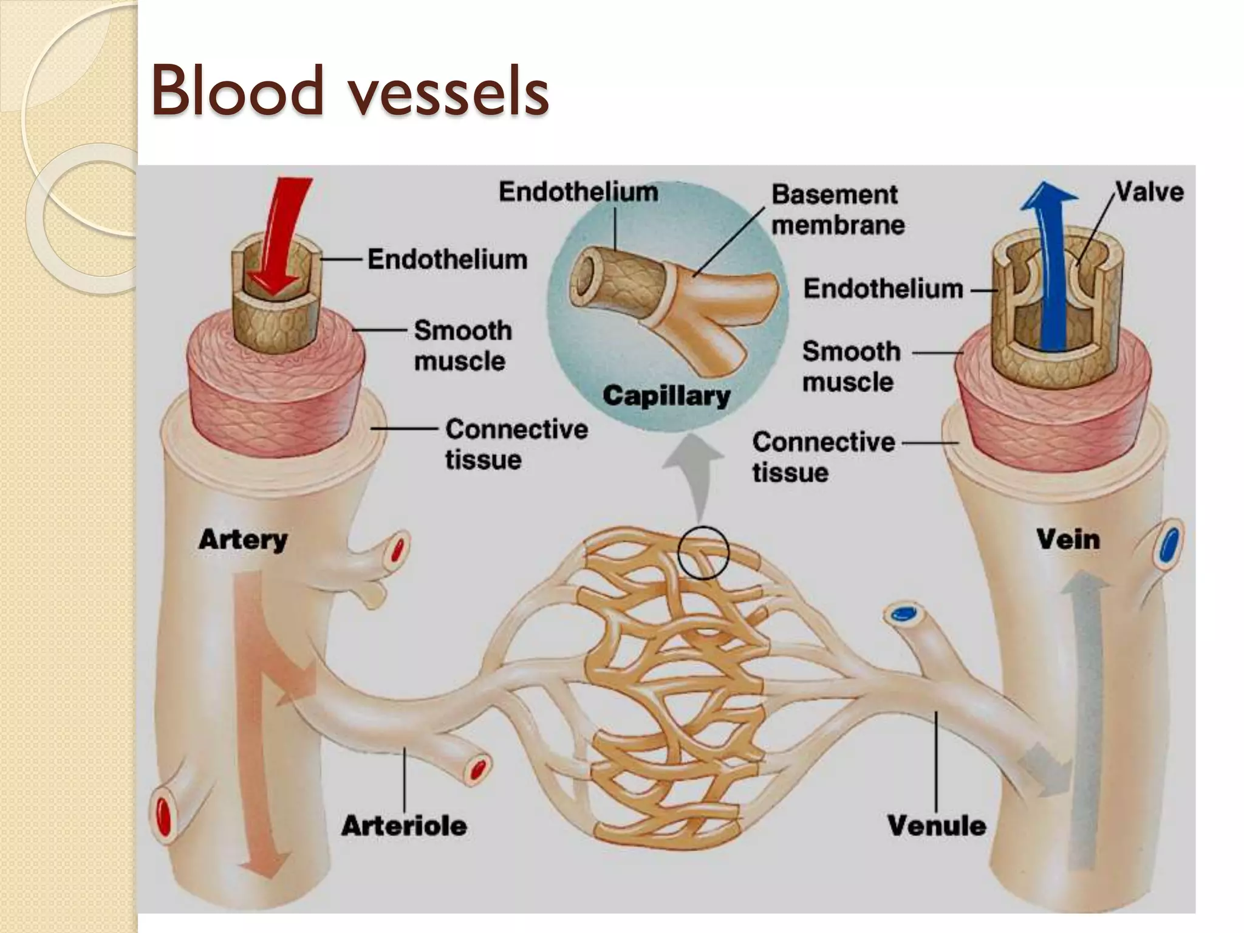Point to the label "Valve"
(1149, 193)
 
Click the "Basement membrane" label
(838, 210)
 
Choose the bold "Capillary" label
(666, 396)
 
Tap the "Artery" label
(243, 539)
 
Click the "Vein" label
(1068, 539)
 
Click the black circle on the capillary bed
(703, 552)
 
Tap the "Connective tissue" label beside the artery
(516, 444)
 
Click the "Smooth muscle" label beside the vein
(850, 366)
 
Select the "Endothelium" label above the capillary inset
(578, 192)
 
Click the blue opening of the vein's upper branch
(1169, 545)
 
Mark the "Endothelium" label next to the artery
(447, 259)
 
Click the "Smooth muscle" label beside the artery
(462, 346)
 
